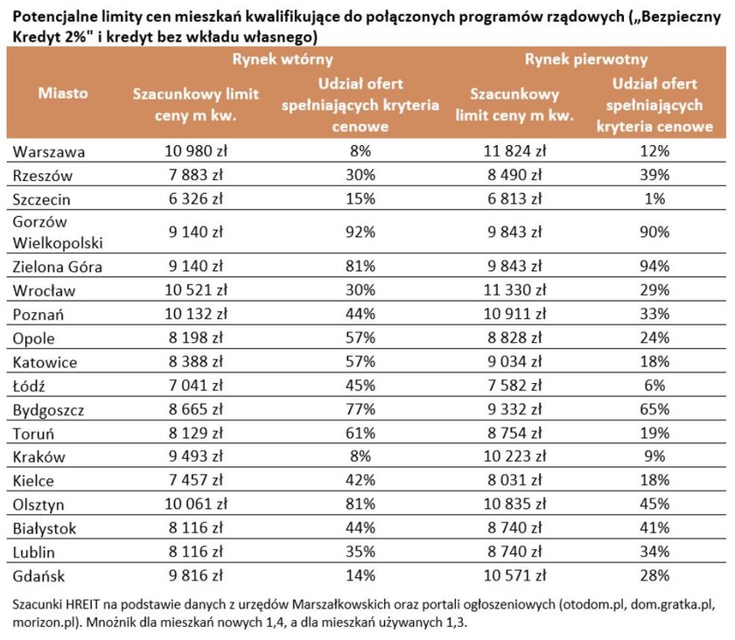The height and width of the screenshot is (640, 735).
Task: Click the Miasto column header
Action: click(63, 93)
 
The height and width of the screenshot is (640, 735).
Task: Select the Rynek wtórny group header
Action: click(283, 59)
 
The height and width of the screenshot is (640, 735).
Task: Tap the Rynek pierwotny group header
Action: click(586, 59)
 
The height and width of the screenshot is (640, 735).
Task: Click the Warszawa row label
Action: click(49, 152)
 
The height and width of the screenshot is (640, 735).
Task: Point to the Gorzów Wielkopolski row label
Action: click(58, 233)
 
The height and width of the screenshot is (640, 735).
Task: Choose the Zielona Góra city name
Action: click(57, 267)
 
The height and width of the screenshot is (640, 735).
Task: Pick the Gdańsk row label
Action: click(38, 576)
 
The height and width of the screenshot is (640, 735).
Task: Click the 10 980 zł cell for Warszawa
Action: click(196, 151)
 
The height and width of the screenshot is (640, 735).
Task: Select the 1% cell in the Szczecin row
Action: click(654, 198)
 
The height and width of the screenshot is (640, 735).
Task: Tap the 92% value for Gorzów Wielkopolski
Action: click(360, 232)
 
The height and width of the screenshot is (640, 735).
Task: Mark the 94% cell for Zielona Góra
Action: click(654, 266)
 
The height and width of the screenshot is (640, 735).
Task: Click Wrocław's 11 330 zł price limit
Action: click(514, 289)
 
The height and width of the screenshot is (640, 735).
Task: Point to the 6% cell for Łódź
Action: click(654, 385)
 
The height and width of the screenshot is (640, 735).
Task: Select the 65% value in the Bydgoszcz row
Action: click(654, 409)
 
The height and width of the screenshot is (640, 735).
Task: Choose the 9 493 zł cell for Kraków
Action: click(196, 456)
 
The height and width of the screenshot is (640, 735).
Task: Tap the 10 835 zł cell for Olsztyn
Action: click(514, 504)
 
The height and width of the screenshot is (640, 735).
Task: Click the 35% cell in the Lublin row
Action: click(360, 552)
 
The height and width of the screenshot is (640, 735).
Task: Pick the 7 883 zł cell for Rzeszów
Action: click(196, 175)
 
